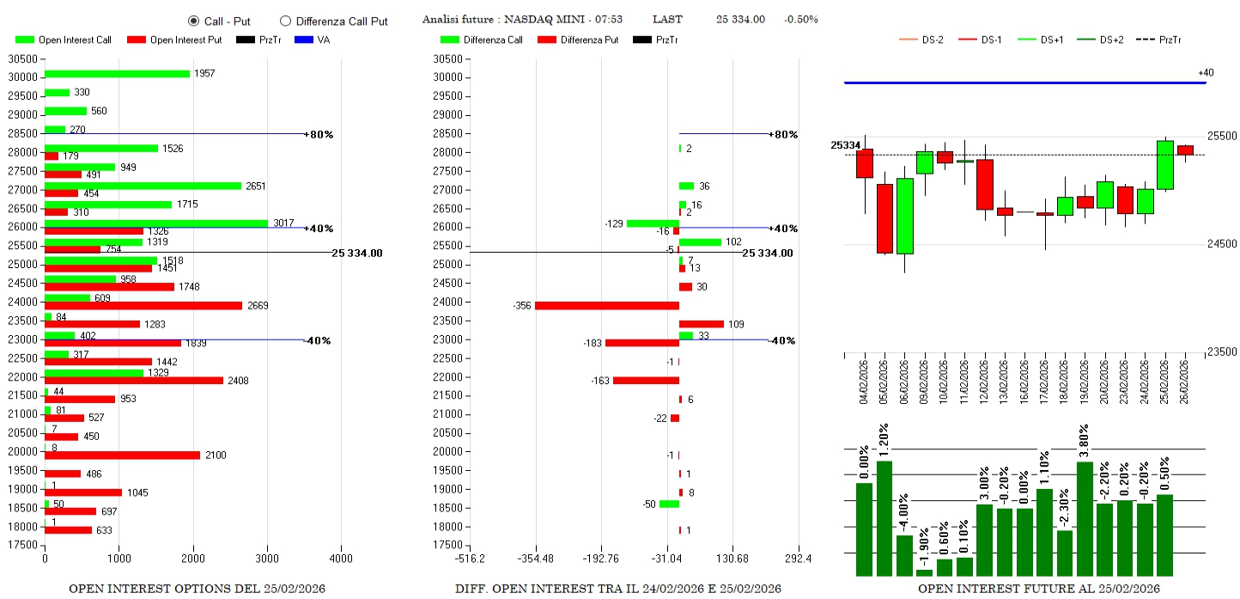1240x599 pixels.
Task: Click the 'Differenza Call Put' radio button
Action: [286, 21]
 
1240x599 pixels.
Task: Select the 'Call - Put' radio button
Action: [193, 21]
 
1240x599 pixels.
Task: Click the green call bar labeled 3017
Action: [156, 223]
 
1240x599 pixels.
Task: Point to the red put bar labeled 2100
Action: [122, 455]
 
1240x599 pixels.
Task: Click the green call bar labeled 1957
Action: [117, 74]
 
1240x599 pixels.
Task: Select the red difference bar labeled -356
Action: [607, 305]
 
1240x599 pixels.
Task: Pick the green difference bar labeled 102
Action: [700, 242]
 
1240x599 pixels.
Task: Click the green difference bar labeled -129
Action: [653, 223]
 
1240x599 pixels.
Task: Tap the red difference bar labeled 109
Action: [702, 324]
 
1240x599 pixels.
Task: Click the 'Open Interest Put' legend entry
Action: [174, 40]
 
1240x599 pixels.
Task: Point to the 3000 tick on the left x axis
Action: [267, 559]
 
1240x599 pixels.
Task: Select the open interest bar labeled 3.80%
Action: [1085, 519]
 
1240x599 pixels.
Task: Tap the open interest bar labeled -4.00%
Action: [904, 555]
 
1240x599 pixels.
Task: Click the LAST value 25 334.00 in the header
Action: [740, 19]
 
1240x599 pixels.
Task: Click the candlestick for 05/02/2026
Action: [884, 218]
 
